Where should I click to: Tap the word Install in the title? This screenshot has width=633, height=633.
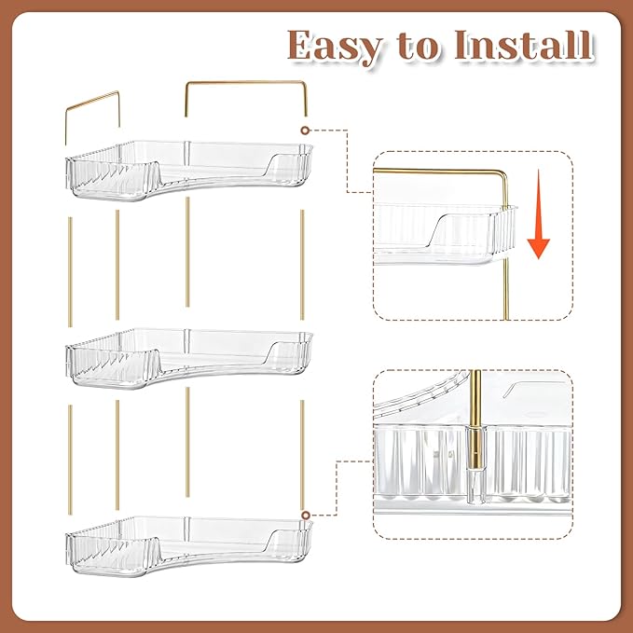point(524,45)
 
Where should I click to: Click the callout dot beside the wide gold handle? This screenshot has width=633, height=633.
point(305,128)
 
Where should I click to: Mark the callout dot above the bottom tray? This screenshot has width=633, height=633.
point(306,514)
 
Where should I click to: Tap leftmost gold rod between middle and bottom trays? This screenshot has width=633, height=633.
point(71,460)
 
